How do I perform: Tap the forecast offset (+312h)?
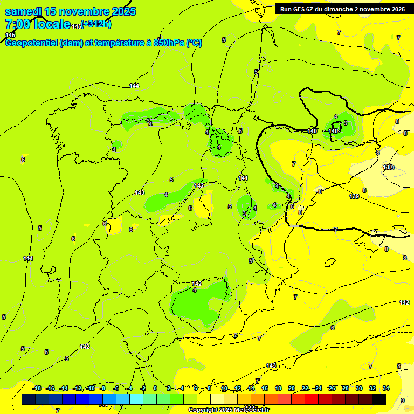96,24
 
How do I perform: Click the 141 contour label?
243,178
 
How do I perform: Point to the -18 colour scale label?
37,388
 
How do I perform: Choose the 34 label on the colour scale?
386,388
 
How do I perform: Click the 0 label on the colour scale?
156,388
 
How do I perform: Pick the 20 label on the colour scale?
292,388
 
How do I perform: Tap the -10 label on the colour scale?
91,388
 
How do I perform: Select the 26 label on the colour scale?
332,388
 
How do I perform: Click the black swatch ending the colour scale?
379,399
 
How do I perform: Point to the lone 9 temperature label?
403,401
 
